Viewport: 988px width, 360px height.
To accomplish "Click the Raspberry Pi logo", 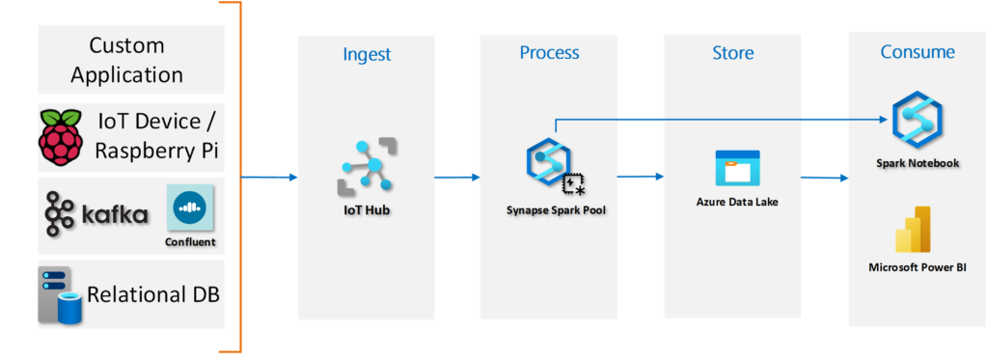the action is [62, 136].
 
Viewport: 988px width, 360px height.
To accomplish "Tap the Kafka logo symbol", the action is [60, 215].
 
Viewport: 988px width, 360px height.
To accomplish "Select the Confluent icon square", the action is [190, 208].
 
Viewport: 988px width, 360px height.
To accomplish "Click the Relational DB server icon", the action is [61, 295].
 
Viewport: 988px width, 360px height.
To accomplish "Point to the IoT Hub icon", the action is [367, 165].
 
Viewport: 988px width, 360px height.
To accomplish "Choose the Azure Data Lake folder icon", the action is [737, 168].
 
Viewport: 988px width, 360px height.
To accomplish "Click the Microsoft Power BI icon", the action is [913, 230].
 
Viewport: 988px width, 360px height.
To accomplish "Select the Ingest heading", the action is [367, 54].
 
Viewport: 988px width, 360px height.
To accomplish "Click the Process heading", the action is [549, 52].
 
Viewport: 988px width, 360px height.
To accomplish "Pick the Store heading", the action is [733, 52].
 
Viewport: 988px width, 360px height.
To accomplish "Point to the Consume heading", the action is [918, 52].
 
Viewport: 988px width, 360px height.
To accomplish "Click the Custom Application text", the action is [126, 60].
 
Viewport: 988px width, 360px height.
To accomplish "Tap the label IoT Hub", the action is [367, 210].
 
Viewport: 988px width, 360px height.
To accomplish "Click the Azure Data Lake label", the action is [736, 203].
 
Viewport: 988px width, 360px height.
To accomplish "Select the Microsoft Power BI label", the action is [918, 267].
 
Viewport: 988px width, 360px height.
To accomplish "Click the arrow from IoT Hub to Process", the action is [456, 178].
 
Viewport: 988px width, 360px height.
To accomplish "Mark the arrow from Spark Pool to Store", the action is [641, 177].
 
